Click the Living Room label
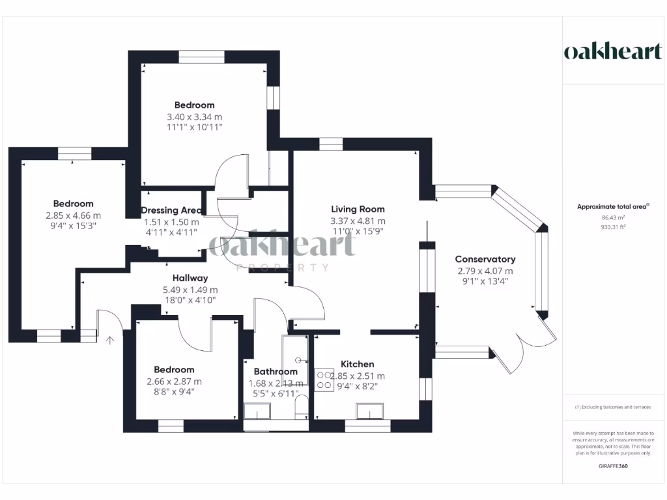358,209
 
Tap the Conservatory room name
485,259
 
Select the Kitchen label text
358,364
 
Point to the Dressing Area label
171,210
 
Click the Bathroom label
276,372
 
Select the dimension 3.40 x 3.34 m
194,117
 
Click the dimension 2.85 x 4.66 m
73,215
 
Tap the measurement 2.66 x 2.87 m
174,382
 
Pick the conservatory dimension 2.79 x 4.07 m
485,271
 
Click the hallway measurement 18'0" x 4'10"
190,300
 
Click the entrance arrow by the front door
109,339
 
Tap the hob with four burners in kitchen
324,380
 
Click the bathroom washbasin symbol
257,411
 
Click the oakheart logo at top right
612,52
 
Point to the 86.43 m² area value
613,217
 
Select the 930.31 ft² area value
613,227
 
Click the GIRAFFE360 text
613,466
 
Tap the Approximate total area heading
613,207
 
